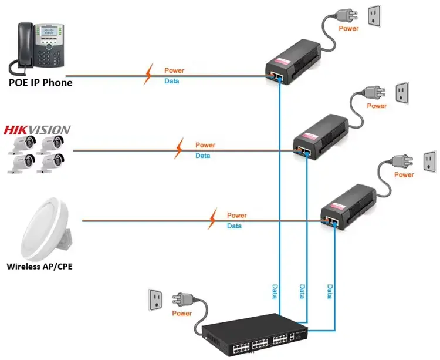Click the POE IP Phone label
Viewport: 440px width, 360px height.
(x=40, y=83)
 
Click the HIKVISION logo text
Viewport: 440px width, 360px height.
(x=37, y=130)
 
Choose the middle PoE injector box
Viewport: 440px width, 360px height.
(x=320, y=137)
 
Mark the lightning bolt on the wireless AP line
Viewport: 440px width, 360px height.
(x=215, y=219)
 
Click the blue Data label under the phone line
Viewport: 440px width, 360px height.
(x=172, y=81)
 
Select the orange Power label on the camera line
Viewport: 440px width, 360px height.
(x=205, y=145)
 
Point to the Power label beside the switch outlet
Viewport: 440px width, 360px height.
(x=182, y=313)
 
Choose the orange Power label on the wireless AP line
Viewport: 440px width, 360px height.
(x=236, y=216)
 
